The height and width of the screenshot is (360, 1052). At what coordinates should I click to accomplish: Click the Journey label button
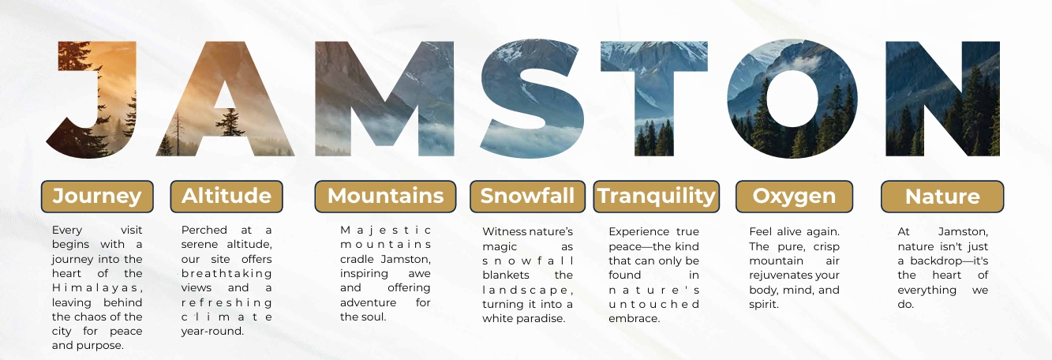(97, 197)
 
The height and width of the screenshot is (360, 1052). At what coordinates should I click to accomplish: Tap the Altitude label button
(226, 197)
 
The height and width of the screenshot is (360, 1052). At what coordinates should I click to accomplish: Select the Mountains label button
(385, 197)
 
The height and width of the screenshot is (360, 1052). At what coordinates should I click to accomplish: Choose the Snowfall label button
(527, 197)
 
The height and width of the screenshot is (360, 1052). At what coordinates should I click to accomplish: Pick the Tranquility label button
(657, 197)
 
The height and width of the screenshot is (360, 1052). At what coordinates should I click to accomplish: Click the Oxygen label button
(794, 197)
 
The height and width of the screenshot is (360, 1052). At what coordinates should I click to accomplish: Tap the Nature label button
(942, 197)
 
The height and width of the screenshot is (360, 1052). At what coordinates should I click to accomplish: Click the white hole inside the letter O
(792, 99)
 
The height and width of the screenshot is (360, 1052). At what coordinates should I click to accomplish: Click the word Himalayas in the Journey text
(97, 287)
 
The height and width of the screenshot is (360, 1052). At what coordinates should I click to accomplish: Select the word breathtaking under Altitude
(226, 273)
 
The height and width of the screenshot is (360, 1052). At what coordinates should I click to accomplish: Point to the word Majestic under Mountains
(385, 231)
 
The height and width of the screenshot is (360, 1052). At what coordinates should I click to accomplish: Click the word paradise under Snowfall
(539, 318)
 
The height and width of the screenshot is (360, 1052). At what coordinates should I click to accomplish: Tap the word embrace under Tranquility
(634, 318)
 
